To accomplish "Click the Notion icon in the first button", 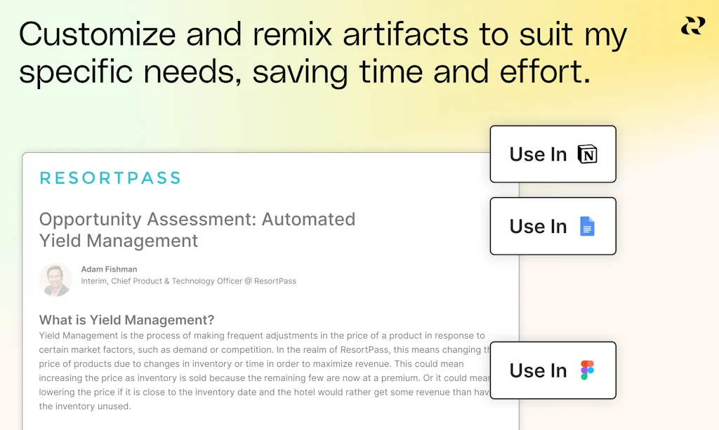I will (587, 154).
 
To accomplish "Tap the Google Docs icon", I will (587, 227).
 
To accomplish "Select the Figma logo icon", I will (587, 370).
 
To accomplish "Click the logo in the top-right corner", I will (692, 27).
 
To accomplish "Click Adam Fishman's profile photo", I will (56, 279).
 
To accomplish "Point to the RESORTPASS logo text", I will (110, 178).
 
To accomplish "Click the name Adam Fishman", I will (109, 269).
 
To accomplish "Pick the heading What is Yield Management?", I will (126, 321).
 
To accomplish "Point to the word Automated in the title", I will (308, 220).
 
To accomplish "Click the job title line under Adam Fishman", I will (188, 281).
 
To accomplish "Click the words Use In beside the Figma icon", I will (538, 370).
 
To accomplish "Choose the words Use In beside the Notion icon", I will (538, 154).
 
